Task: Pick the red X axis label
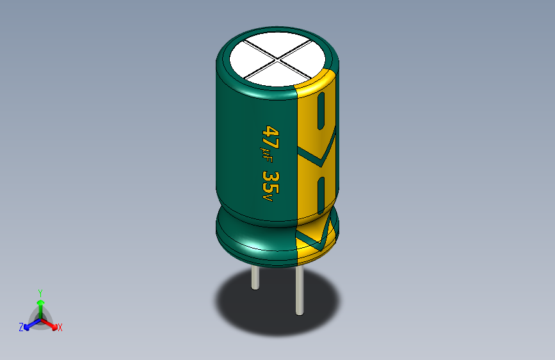tap(60, 328)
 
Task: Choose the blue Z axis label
tap(21, 327)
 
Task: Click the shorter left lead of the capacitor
tap(255, 278)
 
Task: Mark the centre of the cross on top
tap(277, 61)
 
